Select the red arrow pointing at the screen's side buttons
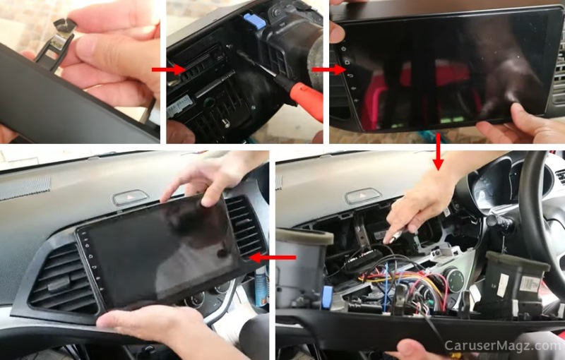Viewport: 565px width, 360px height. click(323, 69)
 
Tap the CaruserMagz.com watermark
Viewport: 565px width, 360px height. click(502, 346)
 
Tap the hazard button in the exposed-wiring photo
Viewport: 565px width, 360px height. click(363, 196)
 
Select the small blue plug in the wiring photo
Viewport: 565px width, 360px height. click(327, 296)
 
